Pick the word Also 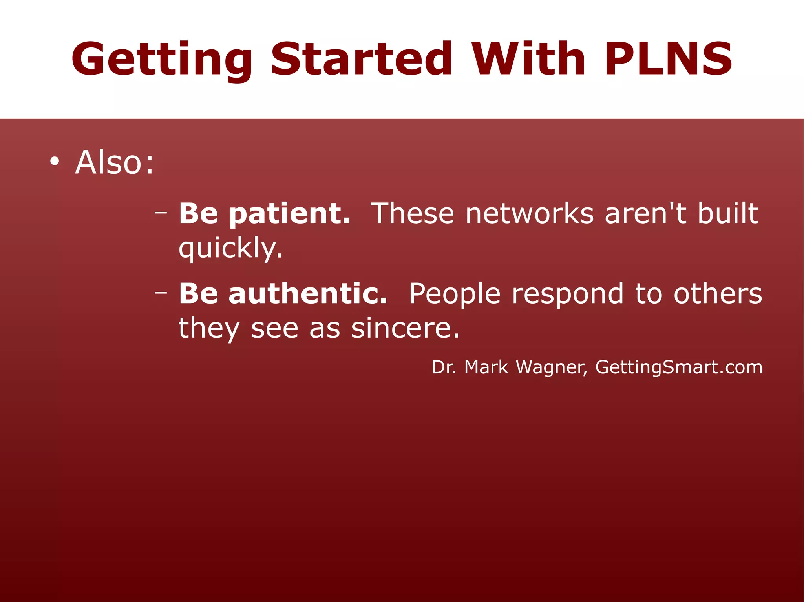114,162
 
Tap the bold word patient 289,215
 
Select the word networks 530,214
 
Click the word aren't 645,214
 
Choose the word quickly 230,249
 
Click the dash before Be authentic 161,293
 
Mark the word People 455,294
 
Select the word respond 568,294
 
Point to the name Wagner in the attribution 551,367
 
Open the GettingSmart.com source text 679,367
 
